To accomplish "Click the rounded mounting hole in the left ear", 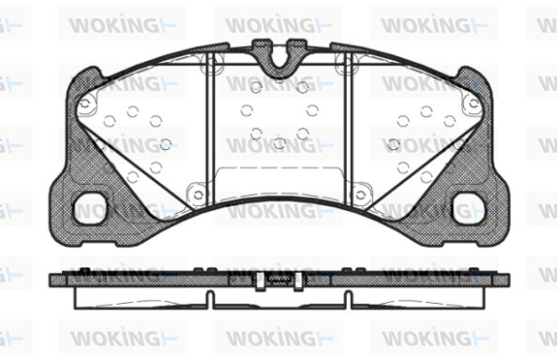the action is tap(90, 208).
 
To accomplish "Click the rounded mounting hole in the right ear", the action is tap(469, 208).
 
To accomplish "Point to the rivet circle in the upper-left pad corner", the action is tap(85, 104).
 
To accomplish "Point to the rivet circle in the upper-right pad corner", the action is tap(474, 104).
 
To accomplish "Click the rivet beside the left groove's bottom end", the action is tap(198, 195).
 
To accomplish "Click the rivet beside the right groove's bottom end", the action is tap(361, 195).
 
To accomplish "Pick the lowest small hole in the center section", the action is tap(279, 143).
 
